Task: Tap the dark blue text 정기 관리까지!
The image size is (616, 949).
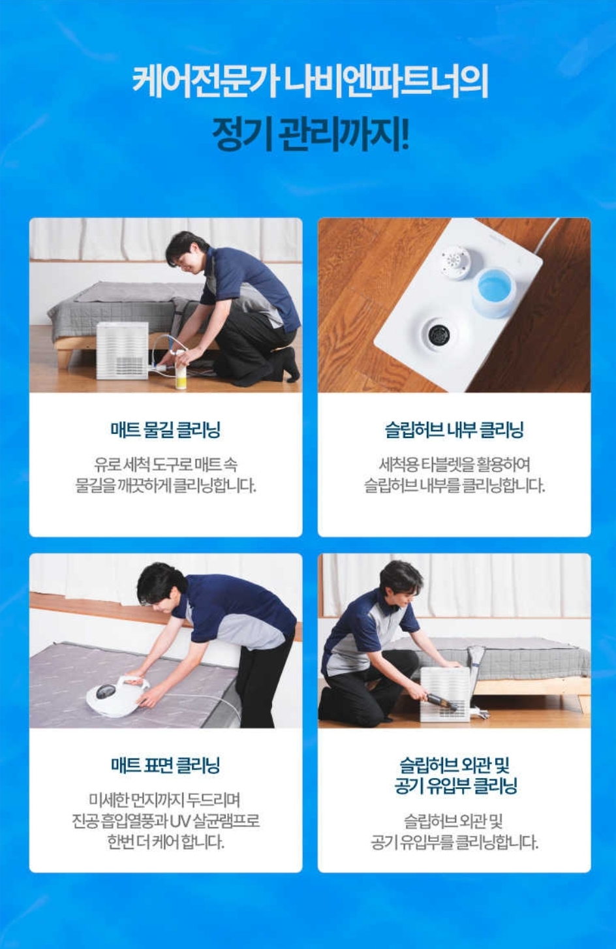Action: (x=310, y=134)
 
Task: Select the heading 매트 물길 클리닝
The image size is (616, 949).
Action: (x=166, y=430)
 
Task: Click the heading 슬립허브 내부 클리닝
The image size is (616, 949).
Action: (x=454, y=430)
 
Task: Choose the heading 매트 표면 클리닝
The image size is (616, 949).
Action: (x=166, y=765)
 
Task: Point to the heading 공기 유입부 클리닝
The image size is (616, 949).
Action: (x=455, y=786)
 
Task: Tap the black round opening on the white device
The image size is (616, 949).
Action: (x=439, y=334)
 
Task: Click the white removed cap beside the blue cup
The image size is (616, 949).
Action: (x=455, y=262)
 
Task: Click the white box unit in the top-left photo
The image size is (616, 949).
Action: (x=123, y=350)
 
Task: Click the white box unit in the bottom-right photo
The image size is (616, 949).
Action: (x=446, y=693)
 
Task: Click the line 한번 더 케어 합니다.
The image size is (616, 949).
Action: (x=166, y=842)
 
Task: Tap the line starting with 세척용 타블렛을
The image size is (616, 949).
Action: (x=454, y=465)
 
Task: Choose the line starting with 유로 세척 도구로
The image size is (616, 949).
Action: (x=166, y=465)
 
